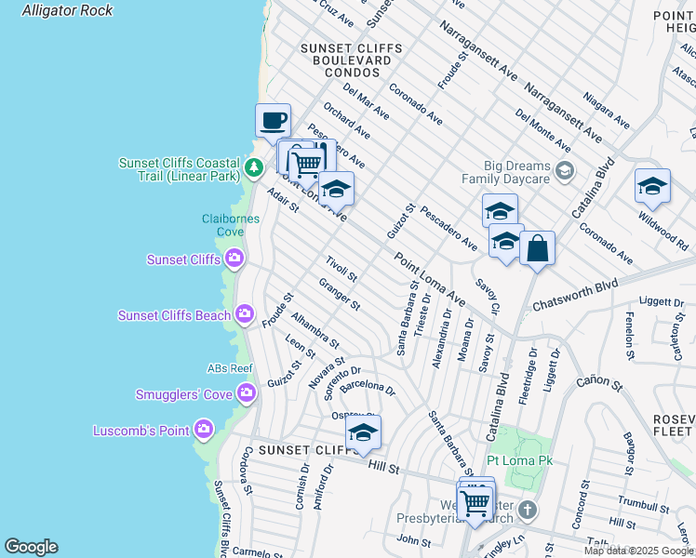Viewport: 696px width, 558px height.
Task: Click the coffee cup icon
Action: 273,120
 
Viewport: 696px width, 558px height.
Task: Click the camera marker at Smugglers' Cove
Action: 247,393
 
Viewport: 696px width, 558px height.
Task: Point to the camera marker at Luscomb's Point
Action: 204,430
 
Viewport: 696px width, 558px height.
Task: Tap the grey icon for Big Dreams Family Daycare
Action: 565,170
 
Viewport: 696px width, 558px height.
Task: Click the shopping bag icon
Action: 537,248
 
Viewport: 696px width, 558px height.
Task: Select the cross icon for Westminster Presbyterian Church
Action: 528,510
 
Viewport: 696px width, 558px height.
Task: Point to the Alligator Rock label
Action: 67,10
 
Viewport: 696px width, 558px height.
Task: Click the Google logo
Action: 31,547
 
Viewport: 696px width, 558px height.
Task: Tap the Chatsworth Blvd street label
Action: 575,294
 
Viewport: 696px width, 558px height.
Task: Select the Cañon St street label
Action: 599,381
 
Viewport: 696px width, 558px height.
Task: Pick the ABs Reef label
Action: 229,368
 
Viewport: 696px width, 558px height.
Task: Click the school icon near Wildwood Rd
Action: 652,185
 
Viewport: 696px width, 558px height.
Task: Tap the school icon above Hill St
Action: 363,432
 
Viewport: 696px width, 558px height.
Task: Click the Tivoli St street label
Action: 341,270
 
